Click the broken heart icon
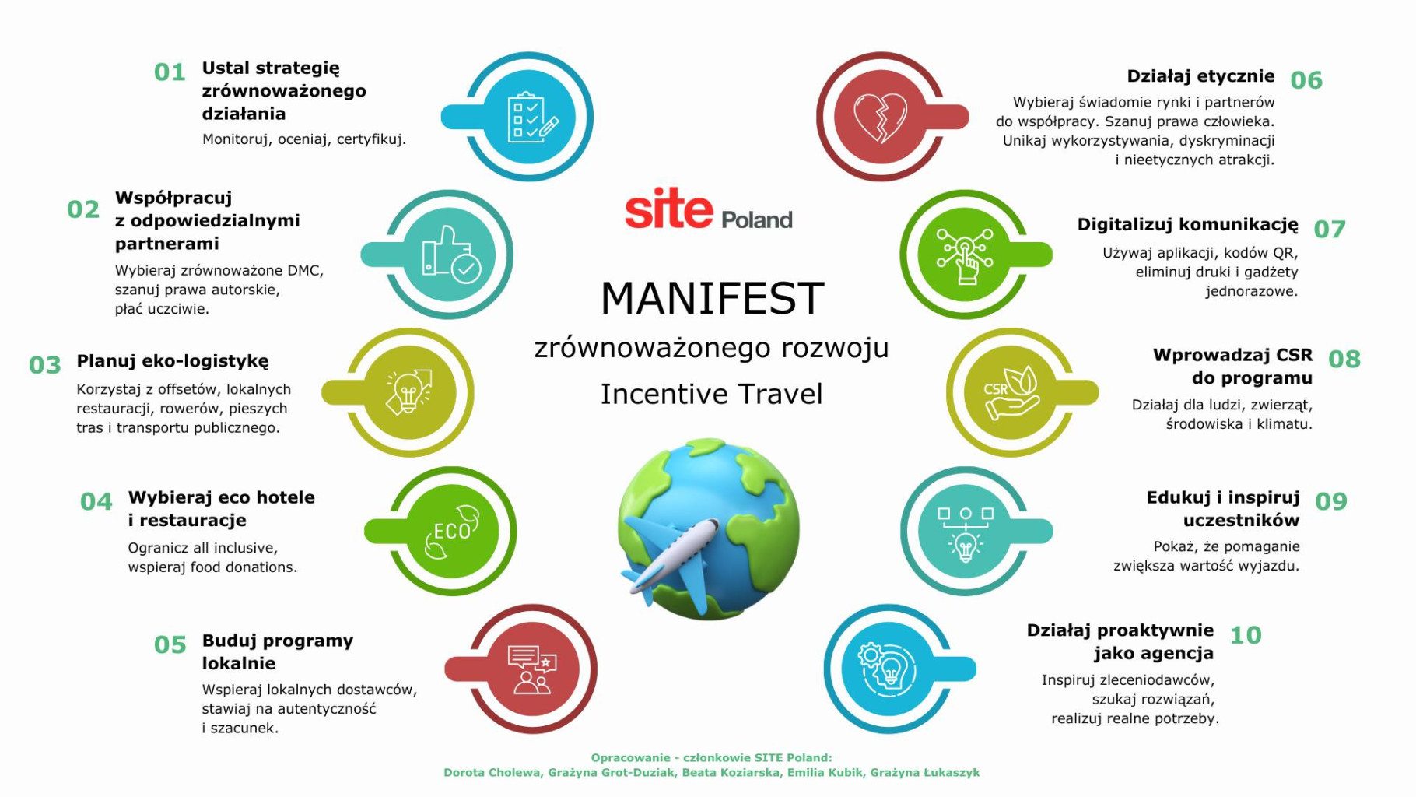coord(881,118)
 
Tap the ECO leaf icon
coord(452,531)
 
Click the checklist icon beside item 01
coord(531,118)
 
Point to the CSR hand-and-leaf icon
coord(1010,392)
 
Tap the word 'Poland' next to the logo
coord(756,219)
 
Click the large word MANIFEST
coord(712,298)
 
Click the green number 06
coord(1306,80)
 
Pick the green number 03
coord(44,365)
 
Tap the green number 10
coord(1245,635)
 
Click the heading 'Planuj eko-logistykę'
coord(172,361)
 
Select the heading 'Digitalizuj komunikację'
coord(1187,225)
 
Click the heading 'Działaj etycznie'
coord(1200,76)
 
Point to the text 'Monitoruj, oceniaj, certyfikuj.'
coord(303,139)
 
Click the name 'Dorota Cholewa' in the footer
coord(492,772)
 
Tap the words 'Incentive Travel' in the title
coord(711,394)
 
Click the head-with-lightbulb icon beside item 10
coord(887,669)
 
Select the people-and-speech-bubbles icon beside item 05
coord(532,669)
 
